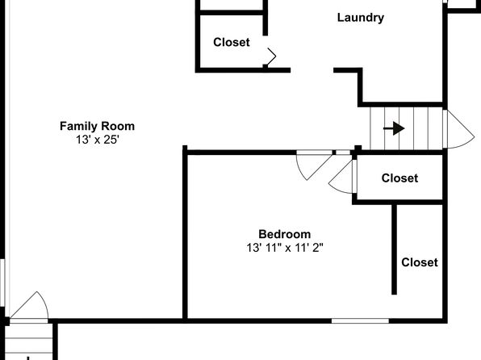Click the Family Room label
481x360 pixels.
click(x=97, y=126)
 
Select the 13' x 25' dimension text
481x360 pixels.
click(x=97, y=140)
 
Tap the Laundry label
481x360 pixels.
click(x=361, y=18)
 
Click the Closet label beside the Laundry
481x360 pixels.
click(x=232, y=42)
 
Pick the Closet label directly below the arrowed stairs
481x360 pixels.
click(x=399, y=178)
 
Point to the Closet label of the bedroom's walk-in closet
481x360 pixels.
click(x=420, y=262)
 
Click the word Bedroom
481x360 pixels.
click(x=285, y=234)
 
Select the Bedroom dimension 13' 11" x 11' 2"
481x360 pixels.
click(x=285, y=247)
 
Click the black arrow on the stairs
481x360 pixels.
click(x=394, y=128)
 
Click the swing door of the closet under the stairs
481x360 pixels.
click(x=341, y=177)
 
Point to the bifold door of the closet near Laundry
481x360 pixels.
click(x=270, y=57)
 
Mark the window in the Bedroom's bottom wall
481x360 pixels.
click(x=360, y=321)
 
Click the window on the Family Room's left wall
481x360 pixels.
click(x=2, y=283)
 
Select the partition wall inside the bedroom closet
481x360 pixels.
click(x=394, y=249)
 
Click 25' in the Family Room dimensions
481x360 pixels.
click(x=111, y=140)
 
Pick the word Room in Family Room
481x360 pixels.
click(x=118, y=126)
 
